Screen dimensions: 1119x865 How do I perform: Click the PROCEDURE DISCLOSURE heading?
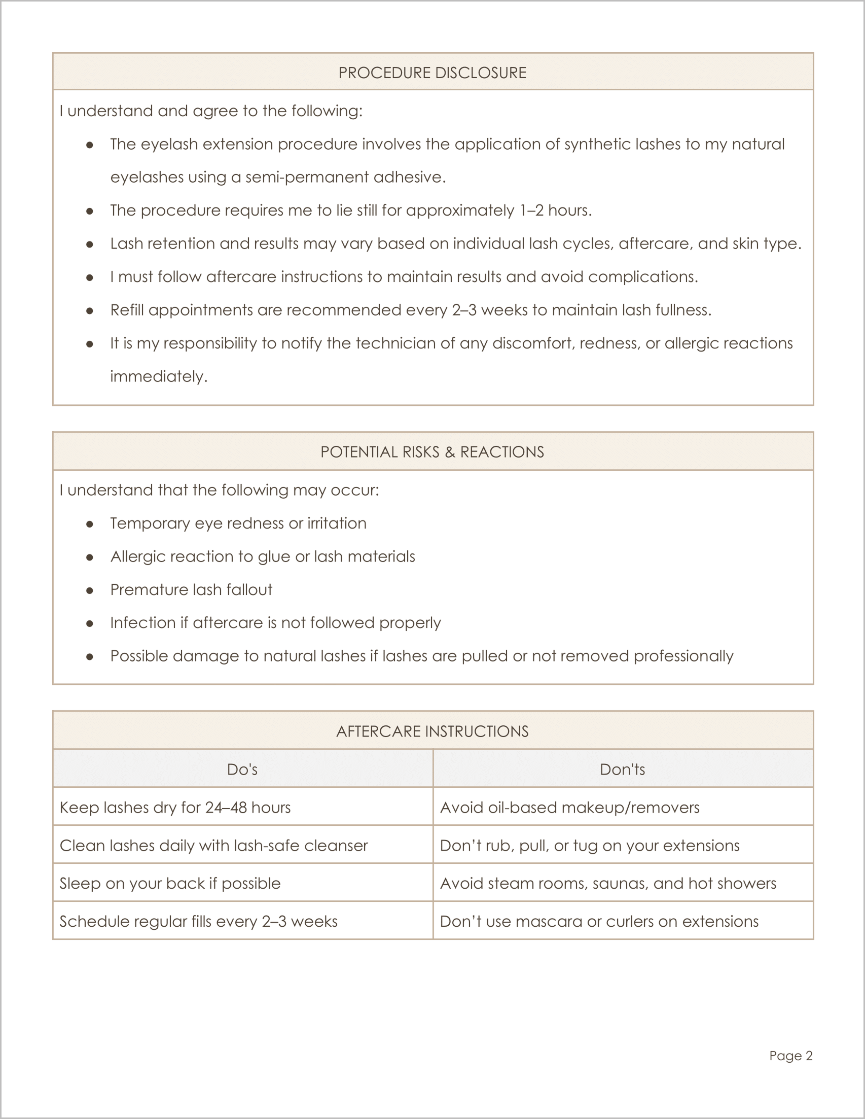tap(432, 73)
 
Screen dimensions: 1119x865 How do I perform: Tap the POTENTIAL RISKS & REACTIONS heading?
tap(432, 452)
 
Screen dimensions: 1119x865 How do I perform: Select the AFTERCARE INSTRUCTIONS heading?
tap(432, 731)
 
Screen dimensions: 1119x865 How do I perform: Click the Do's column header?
tap(242, 769)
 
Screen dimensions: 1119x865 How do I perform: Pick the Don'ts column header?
tap(622, 769)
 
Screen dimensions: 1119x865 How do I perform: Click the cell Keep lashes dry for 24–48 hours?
tap(175, 808)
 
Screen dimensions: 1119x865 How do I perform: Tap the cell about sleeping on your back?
tap(170, 883)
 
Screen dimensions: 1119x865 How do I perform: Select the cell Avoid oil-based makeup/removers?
tap(569, 808)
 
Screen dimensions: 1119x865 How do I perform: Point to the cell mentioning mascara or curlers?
tap(599, 921)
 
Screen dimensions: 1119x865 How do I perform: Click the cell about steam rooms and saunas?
tap(608, 883)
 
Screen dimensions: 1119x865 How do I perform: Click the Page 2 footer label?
tap(791, 1056)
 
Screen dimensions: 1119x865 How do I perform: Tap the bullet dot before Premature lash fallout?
tap(90, 590)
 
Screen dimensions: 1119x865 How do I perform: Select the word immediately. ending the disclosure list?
tap(159, 376)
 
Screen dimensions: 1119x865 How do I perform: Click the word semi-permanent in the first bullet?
tap(307, 177)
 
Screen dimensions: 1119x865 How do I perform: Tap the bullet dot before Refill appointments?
tap(90, 310)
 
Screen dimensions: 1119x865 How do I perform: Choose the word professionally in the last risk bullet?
tap(683, 656)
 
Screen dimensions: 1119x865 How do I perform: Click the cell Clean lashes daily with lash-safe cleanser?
tap(213, 846)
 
